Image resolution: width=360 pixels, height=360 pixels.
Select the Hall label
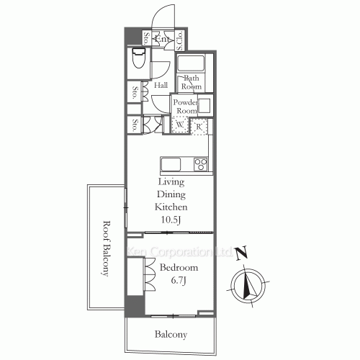coord(161,85)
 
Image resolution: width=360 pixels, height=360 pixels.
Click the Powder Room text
coord(185,107)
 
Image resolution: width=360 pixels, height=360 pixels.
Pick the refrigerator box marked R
coord(199,126)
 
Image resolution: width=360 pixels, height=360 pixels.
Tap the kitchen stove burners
coord(200,163)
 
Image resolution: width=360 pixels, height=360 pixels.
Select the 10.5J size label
coord(171,220)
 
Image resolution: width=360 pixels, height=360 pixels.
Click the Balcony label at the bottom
coord(171,334)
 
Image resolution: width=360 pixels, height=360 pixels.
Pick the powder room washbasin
coord(204,106)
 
